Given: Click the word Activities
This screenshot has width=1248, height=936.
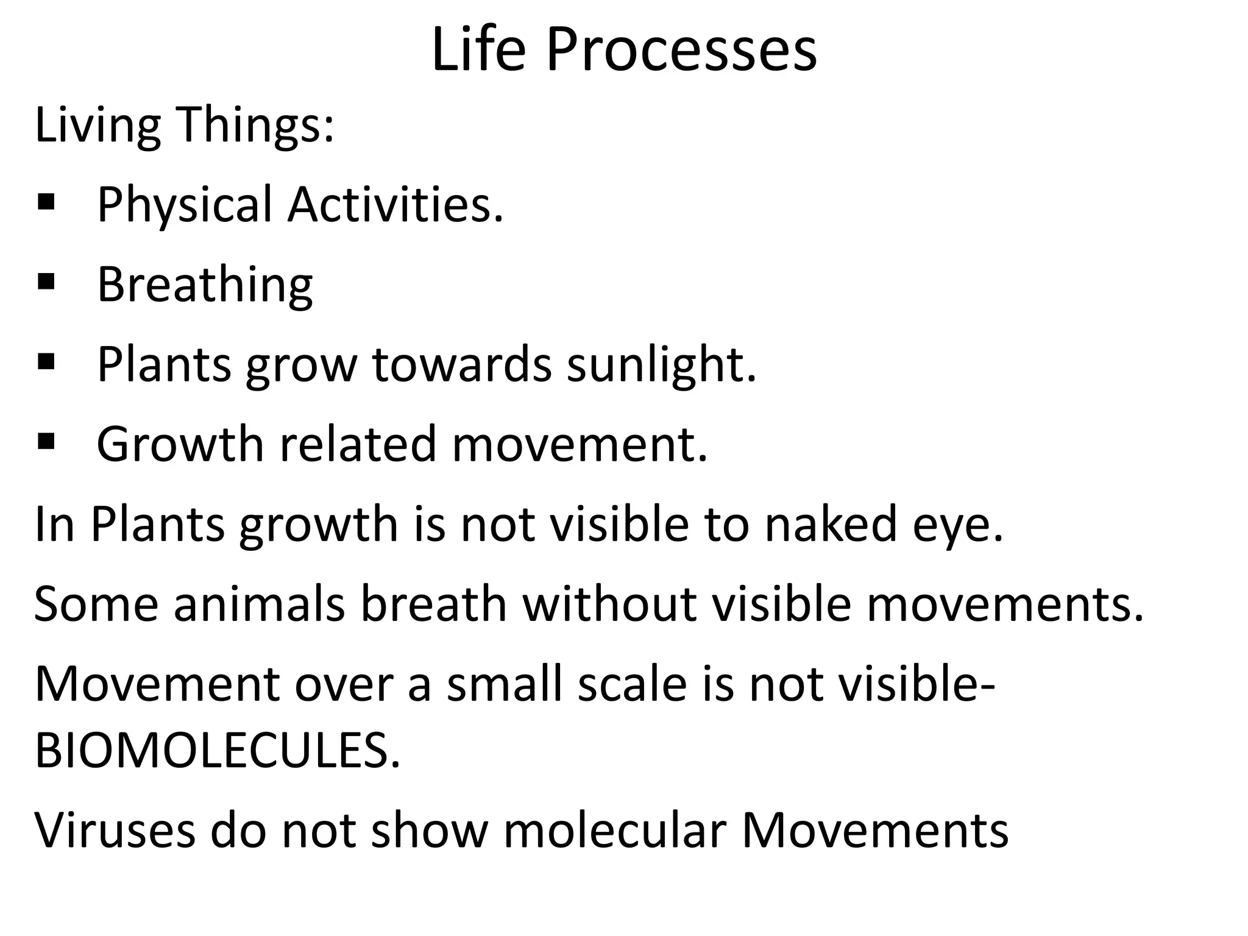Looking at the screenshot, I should coord(395,205).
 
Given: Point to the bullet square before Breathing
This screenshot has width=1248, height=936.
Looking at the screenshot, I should coord(46,282).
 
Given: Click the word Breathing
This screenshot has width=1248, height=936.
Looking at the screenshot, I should coord(205,285).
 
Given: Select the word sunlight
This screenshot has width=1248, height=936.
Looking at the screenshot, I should coord(661,364).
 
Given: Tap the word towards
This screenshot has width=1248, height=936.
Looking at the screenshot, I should coord(462,364).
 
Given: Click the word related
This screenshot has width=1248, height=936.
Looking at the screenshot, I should coord(358,444).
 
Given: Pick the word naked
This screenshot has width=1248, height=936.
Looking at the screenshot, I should coord(831,524).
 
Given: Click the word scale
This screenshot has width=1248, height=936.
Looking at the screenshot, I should coord(633,684).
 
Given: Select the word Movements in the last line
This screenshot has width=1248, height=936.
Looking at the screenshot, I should coord(875,830).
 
